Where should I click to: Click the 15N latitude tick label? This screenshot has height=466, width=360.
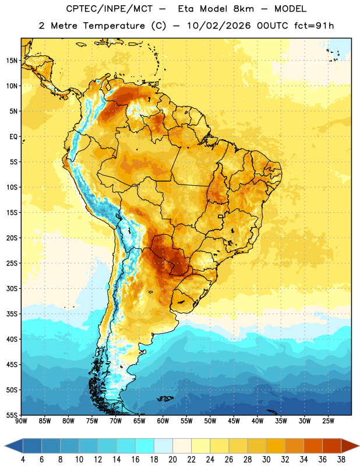pyautogui.click(x=12, y=61)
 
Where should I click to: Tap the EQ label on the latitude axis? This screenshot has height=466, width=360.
pyautogui.click(x=13, y=137)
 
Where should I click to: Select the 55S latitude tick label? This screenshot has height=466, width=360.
pyautogui.click(x=12, y=415)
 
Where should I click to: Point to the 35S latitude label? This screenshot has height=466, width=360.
pyautogui.click(x=12, y=314)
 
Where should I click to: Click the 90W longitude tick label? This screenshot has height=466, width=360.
pyautogui.click(x=21, y=421)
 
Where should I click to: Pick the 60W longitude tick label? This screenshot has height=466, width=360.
pyautogui.click(x=163, y=421)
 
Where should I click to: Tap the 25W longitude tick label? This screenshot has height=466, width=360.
pyautogui.click(x=328, y=421)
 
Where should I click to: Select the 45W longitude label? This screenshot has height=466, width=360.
pyautogui.click(x=234, y=421)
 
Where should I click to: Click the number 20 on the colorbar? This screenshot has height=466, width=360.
pyautogui.click(x=172, y=460)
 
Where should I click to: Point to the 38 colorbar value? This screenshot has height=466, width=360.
pyautogui.click(x=341, y=460)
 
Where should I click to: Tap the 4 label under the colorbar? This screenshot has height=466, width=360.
pyautogui.click(x=23, y=460)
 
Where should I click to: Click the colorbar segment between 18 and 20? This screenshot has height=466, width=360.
pyautogui.click(x=164, y=446)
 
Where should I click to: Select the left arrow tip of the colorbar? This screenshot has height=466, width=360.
pyautogui.click(x=5, y=446)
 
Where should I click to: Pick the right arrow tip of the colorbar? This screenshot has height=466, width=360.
pyautogui.click(x=359, y=446)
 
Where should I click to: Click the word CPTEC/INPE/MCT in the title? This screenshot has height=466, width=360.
pyautogui.click(x=110, y=9)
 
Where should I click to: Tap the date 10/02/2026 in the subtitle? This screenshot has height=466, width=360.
pyautogui.click(x=219, y=26)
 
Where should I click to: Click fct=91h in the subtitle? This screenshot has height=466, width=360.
pyautogui.click(x=314, y=26)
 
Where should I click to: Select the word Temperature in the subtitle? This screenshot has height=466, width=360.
pyautogui.click(x=114, y=26)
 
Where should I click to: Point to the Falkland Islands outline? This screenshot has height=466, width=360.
pyautogui.click(x=165, y=398)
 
